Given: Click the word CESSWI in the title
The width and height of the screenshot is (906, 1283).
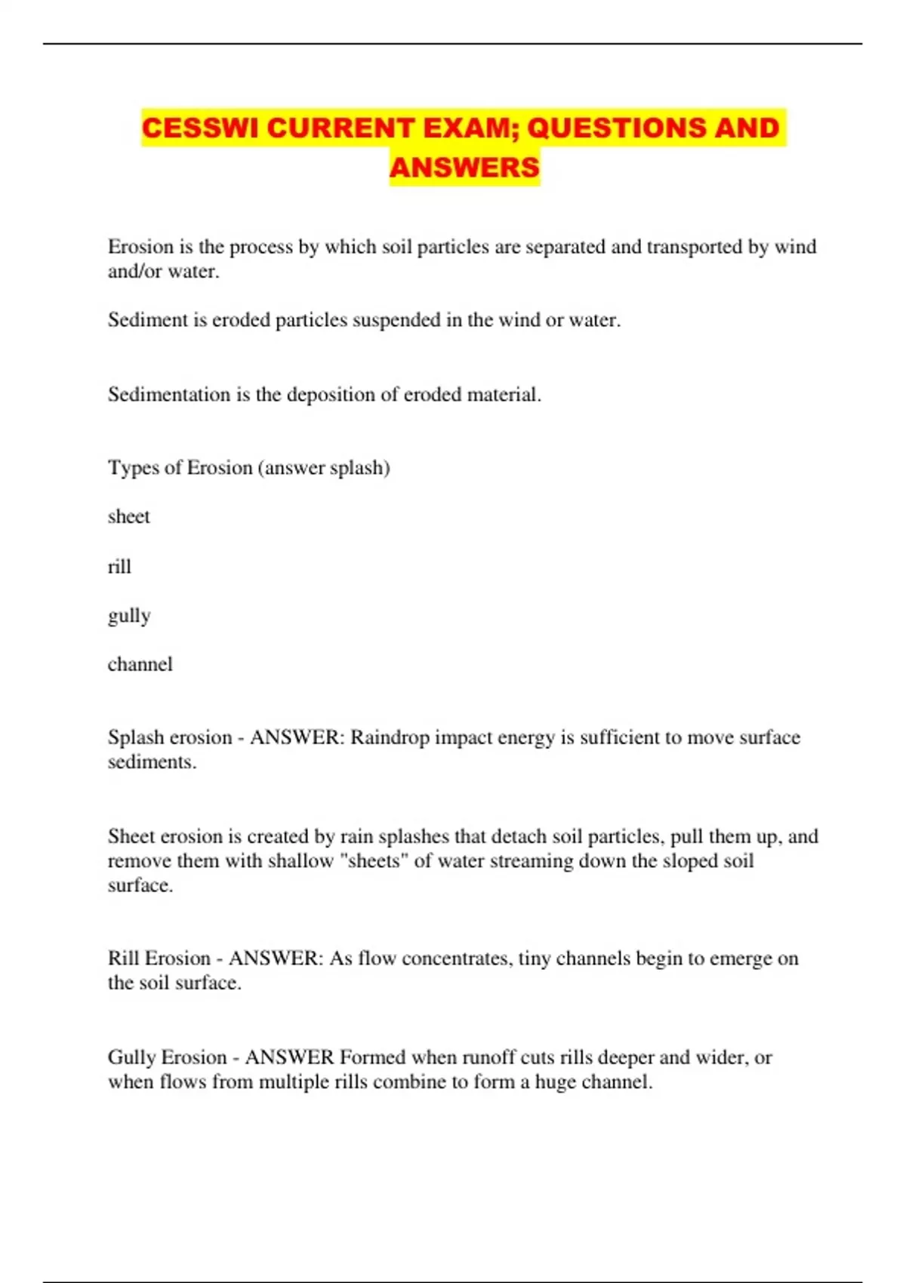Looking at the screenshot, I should [x=200, y=128].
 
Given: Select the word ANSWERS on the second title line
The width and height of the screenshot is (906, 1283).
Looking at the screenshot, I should [x=464, y=168].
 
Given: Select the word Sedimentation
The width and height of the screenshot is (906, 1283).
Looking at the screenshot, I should [x=169, y=394].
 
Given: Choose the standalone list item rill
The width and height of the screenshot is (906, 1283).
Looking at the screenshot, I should [x=119, y=566].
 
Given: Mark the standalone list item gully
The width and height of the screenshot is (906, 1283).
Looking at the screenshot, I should [x=129, y=616].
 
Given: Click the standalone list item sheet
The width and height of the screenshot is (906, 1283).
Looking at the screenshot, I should [x=128, y=517].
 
